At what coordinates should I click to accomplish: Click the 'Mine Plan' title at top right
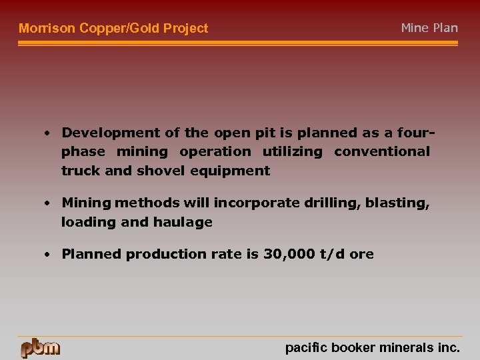429,27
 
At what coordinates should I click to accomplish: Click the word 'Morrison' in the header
47,28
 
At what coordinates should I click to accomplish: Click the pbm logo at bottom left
40,348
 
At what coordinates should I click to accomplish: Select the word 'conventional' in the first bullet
382,151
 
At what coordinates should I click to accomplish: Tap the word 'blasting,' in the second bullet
397,203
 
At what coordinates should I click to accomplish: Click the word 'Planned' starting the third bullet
91,254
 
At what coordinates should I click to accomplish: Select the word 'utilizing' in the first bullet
292,151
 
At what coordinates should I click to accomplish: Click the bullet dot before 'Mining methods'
49,203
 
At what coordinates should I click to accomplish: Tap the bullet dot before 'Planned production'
49,254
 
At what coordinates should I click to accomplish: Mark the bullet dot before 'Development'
49,132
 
